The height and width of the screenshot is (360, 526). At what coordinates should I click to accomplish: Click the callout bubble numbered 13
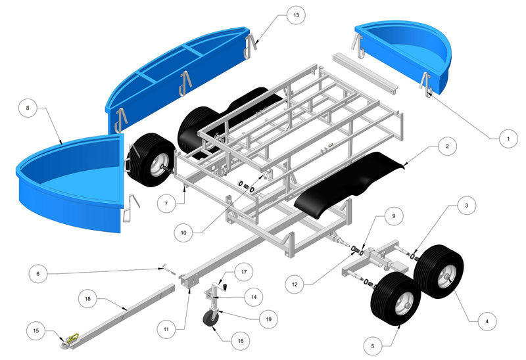click(296, 15)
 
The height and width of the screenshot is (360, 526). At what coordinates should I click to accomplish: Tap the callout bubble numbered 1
click(508, 139)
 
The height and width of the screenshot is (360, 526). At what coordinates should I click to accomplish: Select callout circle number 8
click(28, 108)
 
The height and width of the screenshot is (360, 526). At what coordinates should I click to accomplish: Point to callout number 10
click(183, 233)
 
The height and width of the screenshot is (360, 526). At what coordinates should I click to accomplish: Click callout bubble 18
click(87, 299)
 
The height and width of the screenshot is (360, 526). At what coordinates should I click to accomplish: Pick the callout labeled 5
click(373, 346)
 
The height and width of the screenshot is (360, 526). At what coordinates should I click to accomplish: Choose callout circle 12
click(295, 284)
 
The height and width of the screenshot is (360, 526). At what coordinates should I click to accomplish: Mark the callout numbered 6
click(38, 274)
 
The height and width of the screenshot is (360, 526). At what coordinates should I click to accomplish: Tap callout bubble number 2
click(447, 146)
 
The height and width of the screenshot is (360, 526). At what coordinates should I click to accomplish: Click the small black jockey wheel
click(210, 319)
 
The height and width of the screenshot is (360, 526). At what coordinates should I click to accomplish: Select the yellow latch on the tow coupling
click(73, 338)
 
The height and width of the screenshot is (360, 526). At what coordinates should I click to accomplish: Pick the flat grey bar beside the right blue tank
click(366, 72)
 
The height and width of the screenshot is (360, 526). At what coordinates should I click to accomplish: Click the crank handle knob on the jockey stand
click(226, 286)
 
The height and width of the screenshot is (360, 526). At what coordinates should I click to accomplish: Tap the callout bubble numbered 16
click(241, 341)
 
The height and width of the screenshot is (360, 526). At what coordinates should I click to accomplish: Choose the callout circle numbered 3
click(466, 205)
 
